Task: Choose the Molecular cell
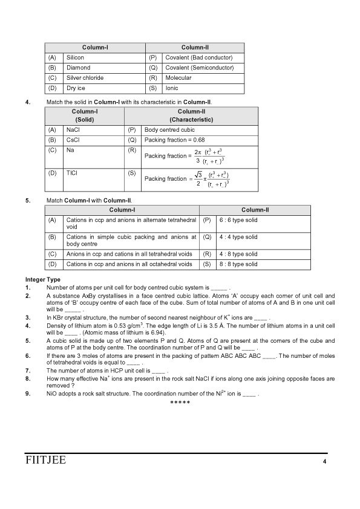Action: (178, 78)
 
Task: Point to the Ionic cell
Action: (172, 88)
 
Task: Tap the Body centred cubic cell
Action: (169, 129)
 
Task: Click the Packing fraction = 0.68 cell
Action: (175, 140)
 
